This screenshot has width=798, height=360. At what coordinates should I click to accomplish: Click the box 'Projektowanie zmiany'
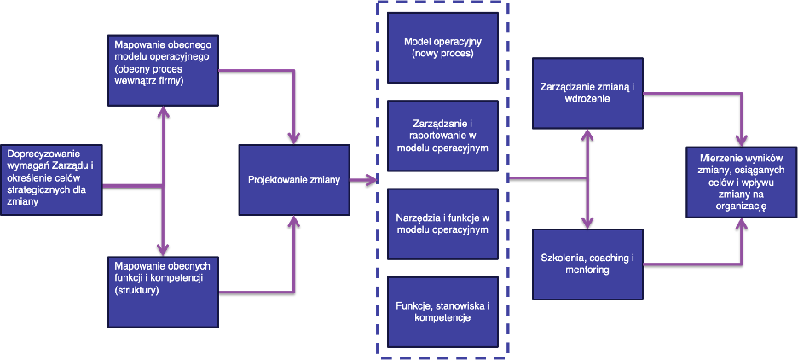pos(294,180)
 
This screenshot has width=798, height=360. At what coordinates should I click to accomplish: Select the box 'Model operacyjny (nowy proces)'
pos(442,48)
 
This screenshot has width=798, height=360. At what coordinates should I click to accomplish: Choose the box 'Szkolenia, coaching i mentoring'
pos(587,264)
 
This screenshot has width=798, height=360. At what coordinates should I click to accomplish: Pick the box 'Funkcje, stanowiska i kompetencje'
pos(442,311)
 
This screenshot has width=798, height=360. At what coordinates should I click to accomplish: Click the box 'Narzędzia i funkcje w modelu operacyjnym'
pos(442,224)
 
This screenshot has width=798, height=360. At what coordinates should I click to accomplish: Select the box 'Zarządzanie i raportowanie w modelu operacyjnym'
pos(442,136)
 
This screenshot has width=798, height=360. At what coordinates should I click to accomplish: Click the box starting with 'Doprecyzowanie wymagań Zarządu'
pos(52,180)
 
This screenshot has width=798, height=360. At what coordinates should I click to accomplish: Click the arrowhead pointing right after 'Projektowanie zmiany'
pos(371,180)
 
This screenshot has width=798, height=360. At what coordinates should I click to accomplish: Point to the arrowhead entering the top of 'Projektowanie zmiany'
pos(294,137)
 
